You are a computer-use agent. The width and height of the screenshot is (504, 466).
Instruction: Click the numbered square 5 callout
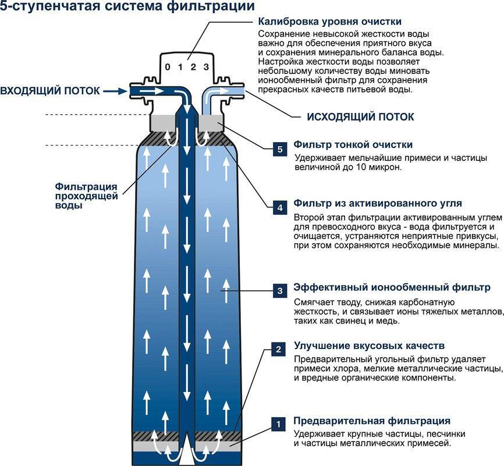click(x=280, y=149)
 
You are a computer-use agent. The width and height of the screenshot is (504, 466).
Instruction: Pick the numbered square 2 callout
click(x=279, y=349)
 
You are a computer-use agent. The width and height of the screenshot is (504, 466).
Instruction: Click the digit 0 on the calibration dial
click(x=168, y=68)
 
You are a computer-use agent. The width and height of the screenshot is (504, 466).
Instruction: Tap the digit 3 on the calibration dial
click(x=205, y=68)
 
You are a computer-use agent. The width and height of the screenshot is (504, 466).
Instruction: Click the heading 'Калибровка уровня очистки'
click(x=330, y=22)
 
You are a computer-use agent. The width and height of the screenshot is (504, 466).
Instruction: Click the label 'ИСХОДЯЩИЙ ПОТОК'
click(x=360, y=117)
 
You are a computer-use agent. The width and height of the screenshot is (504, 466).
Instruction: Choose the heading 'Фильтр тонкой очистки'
click(x=353, y=144)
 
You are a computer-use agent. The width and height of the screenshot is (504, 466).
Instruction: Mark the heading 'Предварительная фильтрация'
click(x=371, y=421)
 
